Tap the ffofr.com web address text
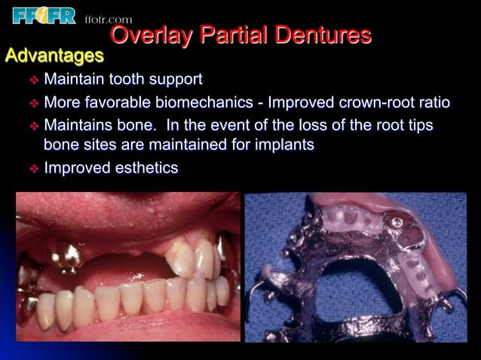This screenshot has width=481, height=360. point(107,20)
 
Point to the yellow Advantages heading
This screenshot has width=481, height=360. point(54,55)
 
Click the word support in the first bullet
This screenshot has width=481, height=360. point(176,80)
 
